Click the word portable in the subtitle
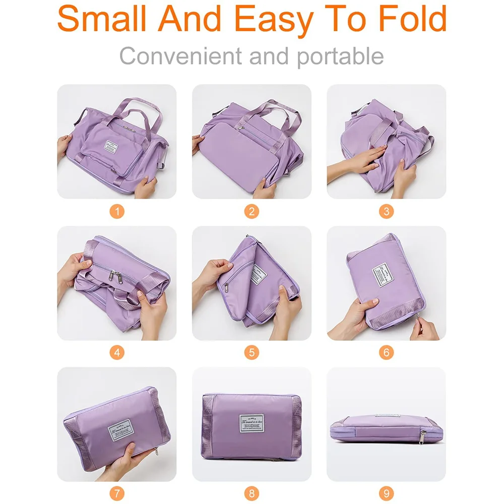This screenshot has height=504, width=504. tap(340, 56)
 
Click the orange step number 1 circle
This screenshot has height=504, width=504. tap(116, 211)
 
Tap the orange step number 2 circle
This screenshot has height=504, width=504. tap(251, 211)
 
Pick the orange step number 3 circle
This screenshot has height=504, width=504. tap(387, 211)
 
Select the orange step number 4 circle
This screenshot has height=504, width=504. tap(116, 352)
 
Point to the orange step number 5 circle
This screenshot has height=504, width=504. tap(251, 352)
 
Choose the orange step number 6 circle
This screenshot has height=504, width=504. tap(387, 352)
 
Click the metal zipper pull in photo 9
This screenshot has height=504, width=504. tap(422, 435)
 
